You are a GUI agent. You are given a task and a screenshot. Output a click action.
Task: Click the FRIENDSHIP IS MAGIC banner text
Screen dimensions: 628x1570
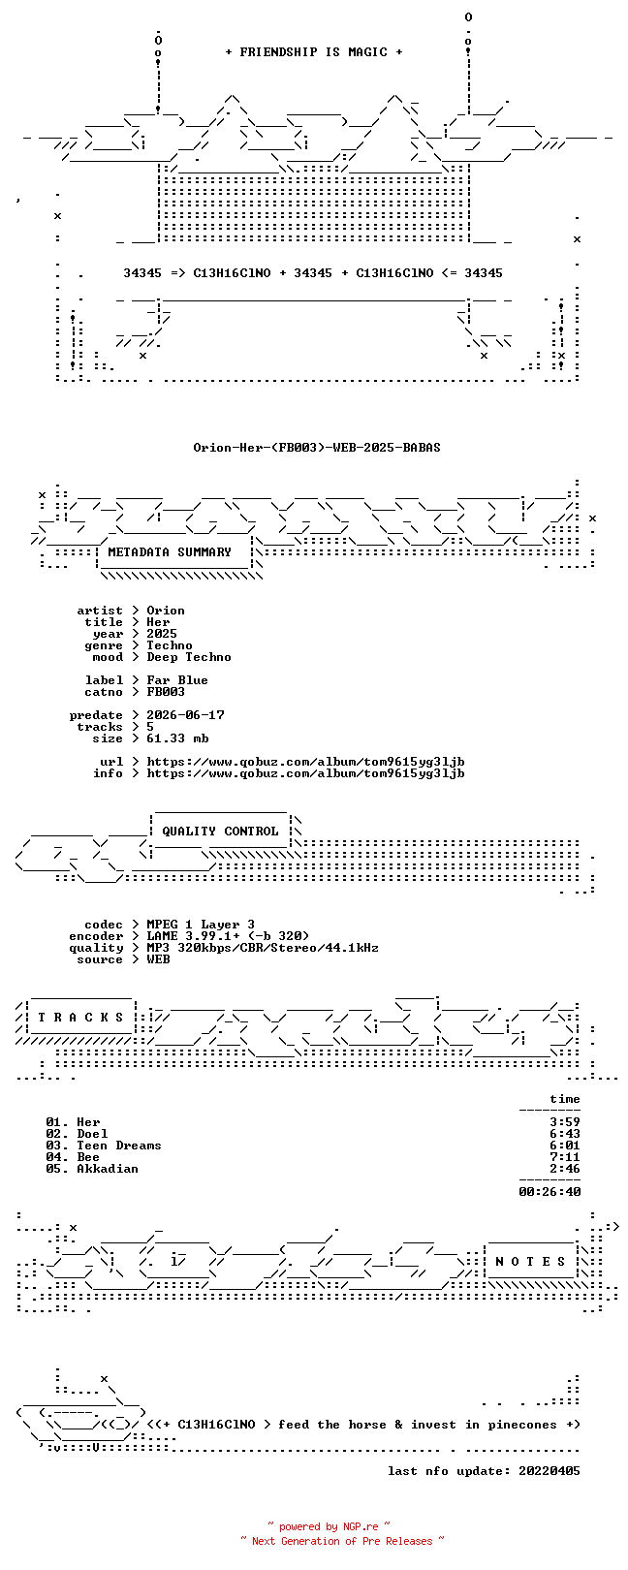coord(314,52)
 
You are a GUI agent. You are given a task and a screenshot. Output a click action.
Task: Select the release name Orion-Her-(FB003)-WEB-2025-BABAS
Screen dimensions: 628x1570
coord(317,447)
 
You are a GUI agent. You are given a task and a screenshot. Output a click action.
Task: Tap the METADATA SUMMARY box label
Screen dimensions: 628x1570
coord(170,552)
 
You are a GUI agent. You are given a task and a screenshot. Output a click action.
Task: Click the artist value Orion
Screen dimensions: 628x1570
coord(166,611)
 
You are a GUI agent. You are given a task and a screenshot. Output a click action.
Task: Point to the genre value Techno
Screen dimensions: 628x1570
coord(170,645)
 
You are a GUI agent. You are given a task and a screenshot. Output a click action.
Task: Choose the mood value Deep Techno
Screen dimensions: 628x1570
coord(189,657)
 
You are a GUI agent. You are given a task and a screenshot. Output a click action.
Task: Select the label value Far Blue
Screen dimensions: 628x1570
coord(177,680)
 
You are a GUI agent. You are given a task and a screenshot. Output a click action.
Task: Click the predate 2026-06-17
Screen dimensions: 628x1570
coord(185,715)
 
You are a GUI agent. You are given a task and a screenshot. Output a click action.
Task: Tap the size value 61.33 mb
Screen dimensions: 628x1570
coord(177,738)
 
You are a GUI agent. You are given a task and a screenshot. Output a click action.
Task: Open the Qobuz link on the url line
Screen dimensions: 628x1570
coord(305,761)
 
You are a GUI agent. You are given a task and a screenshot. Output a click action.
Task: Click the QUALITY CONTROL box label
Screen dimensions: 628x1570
coord(220,832)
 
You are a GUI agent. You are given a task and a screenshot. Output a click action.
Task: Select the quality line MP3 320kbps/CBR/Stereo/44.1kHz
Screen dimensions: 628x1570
coord(262,948)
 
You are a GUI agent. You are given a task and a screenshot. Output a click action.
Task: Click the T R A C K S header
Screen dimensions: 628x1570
coord(80,1017)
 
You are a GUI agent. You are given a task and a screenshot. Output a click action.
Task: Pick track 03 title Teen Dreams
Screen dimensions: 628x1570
coord(119,1146)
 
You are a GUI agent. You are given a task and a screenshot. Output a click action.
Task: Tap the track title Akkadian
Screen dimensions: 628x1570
coord(108,1169)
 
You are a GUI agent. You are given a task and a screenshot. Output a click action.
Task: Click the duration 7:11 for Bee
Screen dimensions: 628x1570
coord(565,1156)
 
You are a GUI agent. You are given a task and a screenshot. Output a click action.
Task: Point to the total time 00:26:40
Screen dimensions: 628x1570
coord(549,1191)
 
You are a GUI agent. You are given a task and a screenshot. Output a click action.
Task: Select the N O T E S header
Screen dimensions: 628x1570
coord(530,1262)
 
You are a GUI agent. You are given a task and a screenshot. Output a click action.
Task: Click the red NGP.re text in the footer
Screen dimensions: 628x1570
coord(361,1526)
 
